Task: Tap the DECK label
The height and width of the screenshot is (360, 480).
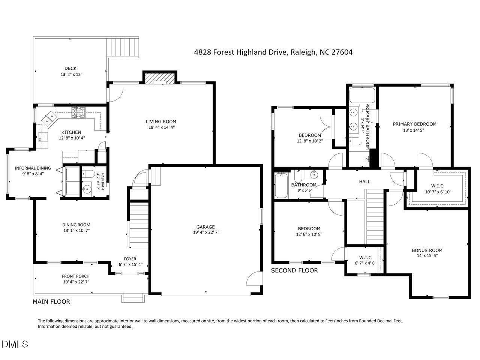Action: pos(70,68)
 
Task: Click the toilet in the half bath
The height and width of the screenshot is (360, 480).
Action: pos(89,174)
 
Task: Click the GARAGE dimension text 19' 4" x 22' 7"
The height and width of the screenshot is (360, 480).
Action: pos(205,232)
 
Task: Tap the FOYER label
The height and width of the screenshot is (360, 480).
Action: pos(130,259)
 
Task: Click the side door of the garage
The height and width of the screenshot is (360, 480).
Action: pos(254,279)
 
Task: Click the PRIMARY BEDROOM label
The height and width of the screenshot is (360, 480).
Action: pos(414,124)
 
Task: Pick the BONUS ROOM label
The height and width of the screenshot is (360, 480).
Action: pos(427,250)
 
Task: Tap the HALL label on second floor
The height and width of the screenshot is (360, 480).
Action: pos(364,181)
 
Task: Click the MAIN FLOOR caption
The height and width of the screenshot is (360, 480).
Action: pos(51,301)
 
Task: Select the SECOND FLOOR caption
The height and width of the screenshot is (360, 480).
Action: pos(294,270)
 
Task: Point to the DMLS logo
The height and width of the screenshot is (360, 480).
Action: pos(15,344)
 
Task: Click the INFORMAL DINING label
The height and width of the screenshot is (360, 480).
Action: pos(33,168)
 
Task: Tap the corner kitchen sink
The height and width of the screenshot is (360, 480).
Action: pos(49,120)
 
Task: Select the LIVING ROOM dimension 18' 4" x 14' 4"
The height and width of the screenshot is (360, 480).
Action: pos(161,127)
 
